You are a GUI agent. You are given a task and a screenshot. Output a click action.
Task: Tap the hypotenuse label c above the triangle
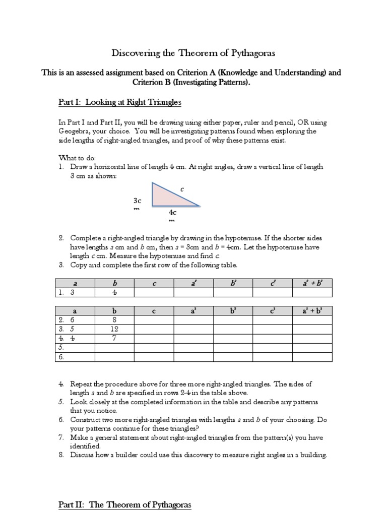click(x=182, y=189)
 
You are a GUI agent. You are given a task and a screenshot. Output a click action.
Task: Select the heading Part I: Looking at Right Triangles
click(x=119, y=103)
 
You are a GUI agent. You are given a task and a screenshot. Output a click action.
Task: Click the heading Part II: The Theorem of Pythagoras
click(x=125, y=504)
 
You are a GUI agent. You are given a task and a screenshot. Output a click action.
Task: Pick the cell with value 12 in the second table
click(x=114, y=329)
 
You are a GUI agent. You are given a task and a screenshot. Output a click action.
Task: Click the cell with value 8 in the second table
click(x=114, y=320)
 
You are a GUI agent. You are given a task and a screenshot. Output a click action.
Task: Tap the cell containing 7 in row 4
click(x=114, y=338)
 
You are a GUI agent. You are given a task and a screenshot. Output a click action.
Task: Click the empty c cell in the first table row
click(x=154, y=293)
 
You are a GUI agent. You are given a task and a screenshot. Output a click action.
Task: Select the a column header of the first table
click(x=75, y=284)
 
